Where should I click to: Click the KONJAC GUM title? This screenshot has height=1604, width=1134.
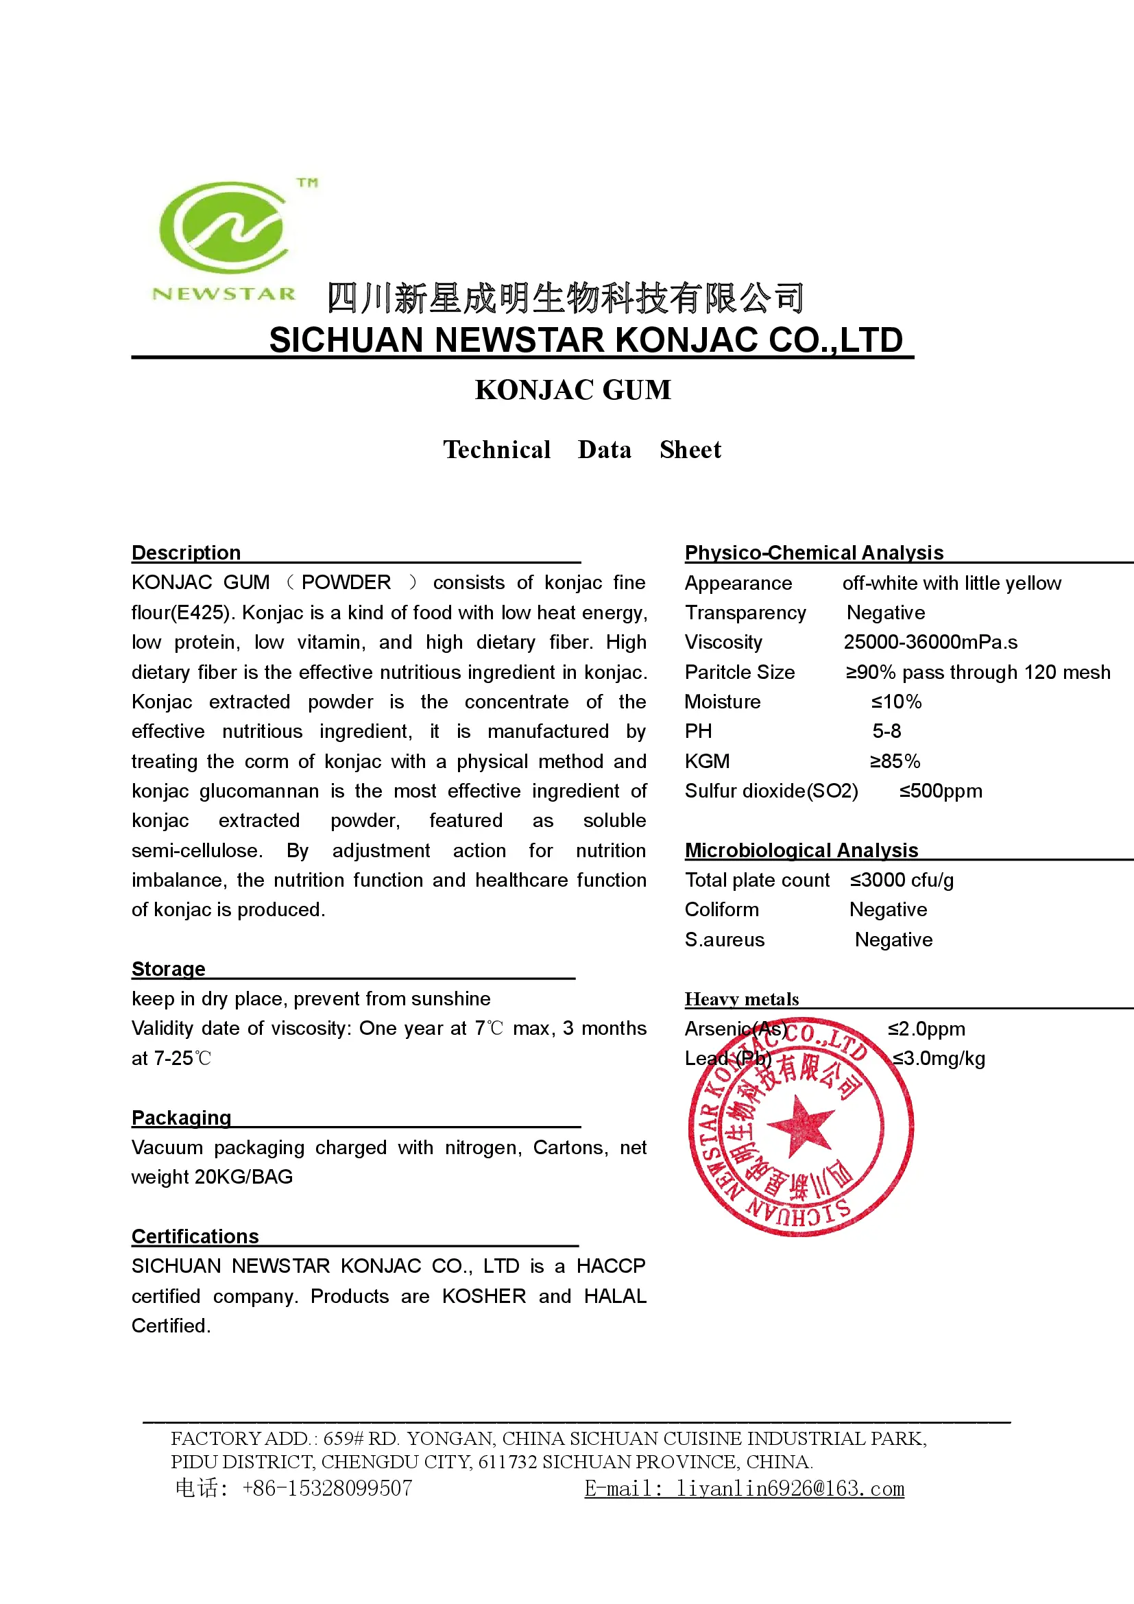point(572,390)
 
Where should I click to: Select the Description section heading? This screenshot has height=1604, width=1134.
point(186,553)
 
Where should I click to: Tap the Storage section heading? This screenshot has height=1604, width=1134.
point(168,969)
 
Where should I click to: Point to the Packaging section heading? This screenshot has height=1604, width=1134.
point(181,1118)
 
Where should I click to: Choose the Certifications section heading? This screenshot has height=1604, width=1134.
point(195,1236)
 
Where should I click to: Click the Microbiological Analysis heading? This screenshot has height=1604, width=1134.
point(801,850)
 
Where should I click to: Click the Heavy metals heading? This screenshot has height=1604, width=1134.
point(742,999)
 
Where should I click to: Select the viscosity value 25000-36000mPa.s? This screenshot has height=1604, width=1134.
point(930,642)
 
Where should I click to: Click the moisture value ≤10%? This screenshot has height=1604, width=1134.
point(896,702)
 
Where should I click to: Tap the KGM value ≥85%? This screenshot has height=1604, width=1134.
point(895,761)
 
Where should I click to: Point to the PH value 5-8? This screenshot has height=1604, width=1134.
point(886,732)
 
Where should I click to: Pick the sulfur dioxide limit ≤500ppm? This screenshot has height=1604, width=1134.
point(940,791)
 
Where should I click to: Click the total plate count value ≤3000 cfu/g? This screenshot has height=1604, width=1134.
point(901,881)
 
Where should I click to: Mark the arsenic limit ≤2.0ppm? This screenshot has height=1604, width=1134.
point(926,1029)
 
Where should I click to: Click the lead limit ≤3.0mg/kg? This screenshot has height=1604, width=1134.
point(939,1058)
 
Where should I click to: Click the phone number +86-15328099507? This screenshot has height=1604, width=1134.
point(327,1489)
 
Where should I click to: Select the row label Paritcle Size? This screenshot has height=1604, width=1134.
point(740,672)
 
